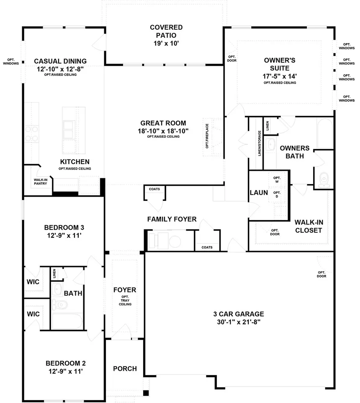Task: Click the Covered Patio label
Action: tap(166, 31)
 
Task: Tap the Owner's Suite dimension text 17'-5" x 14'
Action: tap(280, 76)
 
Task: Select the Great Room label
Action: tap(163, 123)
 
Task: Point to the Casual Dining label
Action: tap(60, 61)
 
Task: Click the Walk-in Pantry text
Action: tap(40, 181)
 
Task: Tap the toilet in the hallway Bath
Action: tap(61, 304)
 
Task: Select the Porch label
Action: tap(125, 368)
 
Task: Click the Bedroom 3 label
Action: tap(64, 228)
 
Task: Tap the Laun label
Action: tap(258, 193)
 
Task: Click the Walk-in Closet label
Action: tap(309, 226)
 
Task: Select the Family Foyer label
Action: tap(172, 219)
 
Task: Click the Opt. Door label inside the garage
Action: tap(321, 274)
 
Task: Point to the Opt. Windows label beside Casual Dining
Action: tap(11, 61)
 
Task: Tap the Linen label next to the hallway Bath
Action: tap(54, 274)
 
